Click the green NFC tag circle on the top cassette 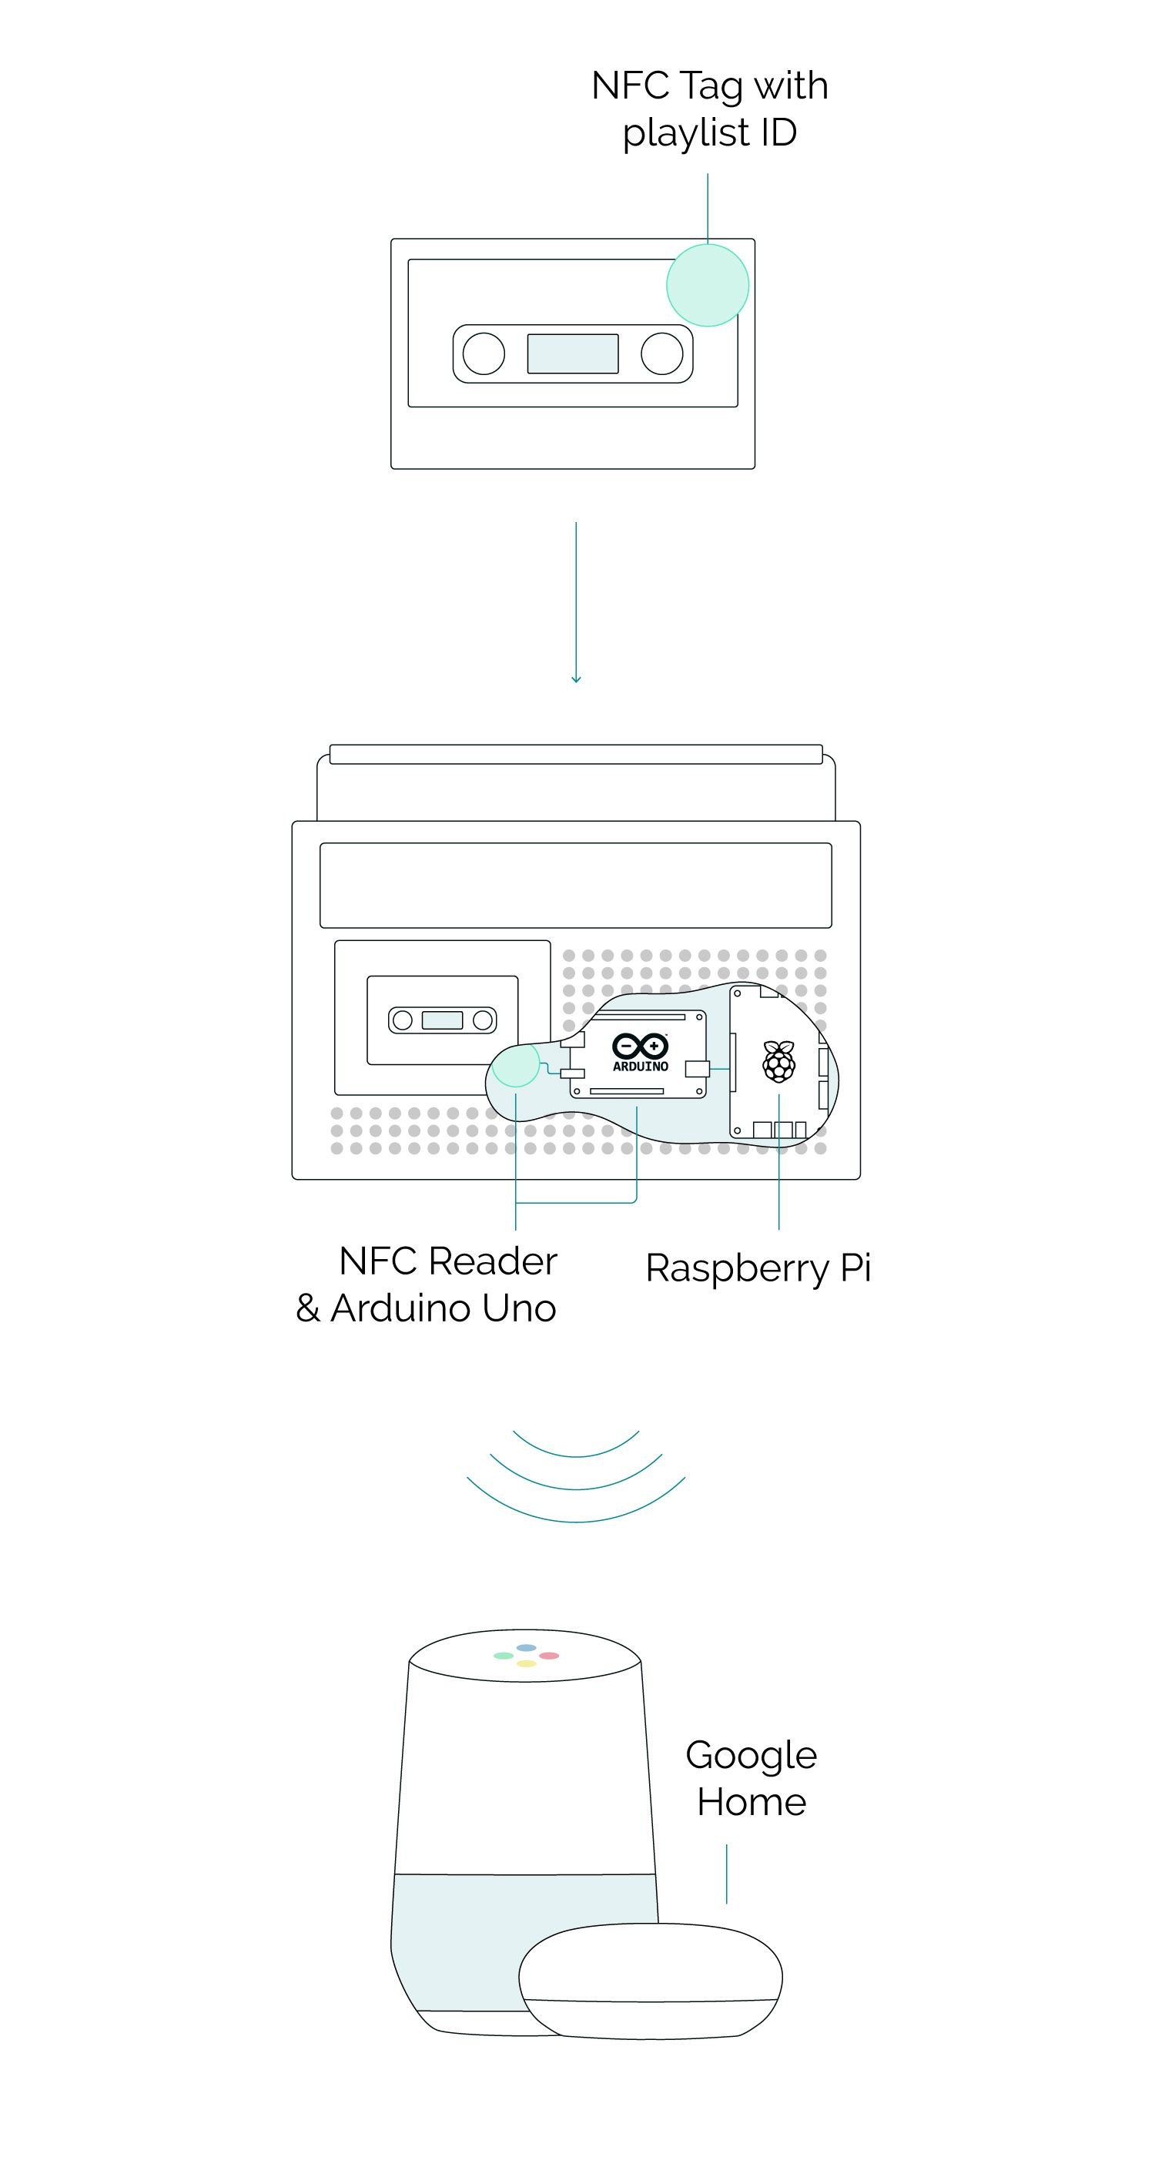(707, 285)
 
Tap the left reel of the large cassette (484, 353)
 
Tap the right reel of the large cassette (662, 353)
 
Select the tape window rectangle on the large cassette (573, 353)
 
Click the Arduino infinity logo (640, 1046)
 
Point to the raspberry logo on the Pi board (778, 1061)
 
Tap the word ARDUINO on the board (640, 1067)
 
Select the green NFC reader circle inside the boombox (515, 1064)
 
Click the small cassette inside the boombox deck (443, 1020)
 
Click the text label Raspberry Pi (757, 1268)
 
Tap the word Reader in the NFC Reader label (493, 1261)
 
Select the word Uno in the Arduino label (519, 1308)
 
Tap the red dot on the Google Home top (548, 1656)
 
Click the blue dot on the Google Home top (526, 1648)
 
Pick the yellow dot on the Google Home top (526, 1663)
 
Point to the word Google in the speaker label (751, 1756)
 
